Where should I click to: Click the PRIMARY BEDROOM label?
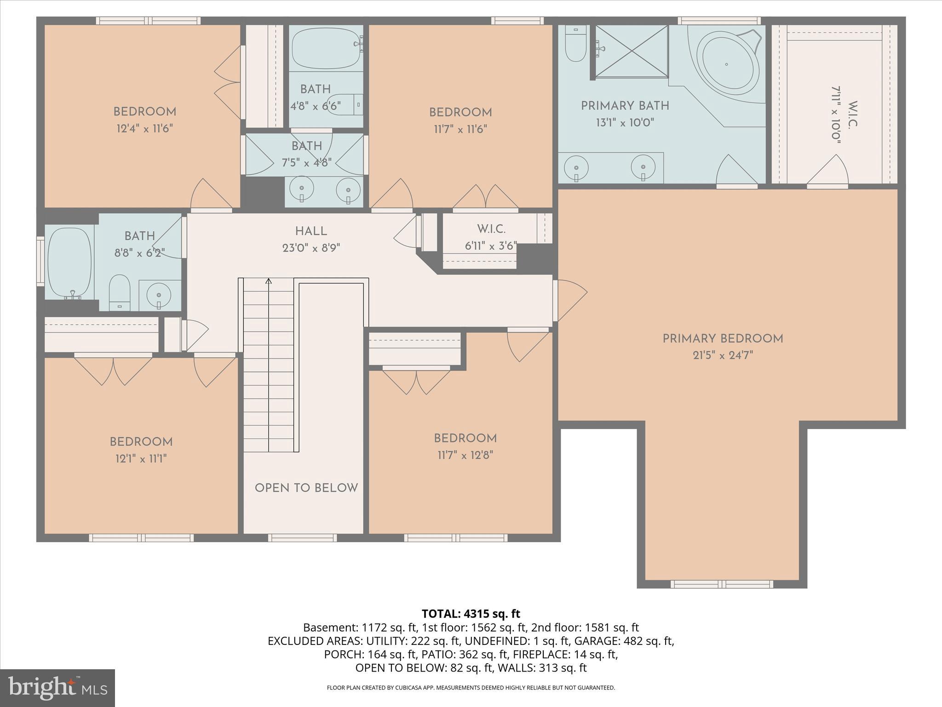722,339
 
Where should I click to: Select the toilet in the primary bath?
575,46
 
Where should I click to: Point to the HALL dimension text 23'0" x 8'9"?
311,248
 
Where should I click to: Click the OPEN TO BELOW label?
306,488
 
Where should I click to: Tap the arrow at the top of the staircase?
269,281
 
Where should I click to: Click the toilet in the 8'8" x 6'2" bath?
120,293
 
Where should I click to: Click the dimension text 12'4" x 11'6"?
144,128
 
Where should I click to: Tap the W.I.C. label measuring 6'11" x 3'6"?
491,229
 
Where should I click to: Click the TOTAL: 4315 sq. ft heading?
471,614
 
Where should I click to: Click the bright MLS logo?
57,688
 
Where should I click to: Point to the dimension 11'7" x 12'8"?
465,455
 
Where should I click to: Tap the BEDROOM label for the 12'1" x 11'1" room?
141,442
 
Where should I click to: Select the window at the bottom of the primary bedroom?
721,584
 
